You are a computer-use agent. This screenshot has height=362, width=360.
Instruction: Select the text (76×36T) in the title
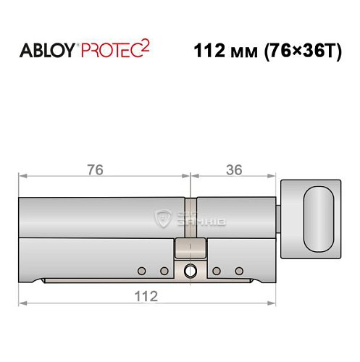[300, 53]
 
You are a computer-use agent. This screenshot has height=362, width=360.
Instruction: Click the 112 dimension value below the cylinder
[146, 296]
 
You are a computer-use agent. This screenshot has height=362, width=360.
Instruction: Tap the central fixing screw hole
[190, 272]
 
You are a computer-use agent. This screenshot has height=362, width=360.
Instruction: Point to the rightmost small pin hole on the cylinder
[238, 271]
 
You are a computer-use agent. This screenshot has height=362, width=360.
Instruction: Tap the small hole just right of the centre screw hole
[216, 271]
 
